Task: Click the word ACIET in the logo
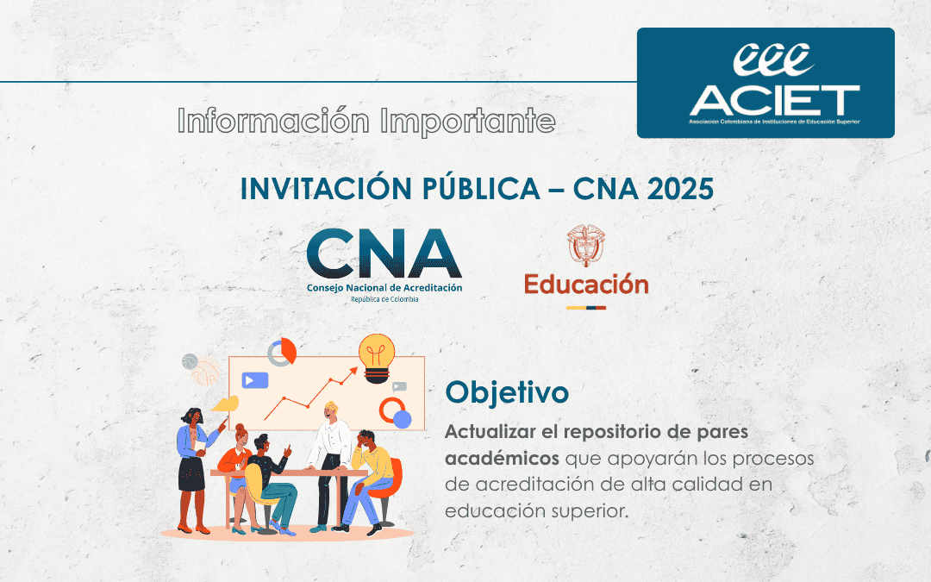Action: [773, 100]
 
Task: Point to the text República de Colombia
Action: [384, 299]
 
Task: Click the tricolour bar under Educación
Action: [586, 306]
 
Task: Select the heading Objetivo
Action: [507, 392]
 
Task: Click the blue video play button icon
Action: [255, 379]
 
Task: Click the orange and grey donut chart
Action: [282, 352]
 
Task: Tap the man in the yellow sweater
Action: [370, 474]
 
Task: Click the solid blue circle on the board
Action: [402, 419]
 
